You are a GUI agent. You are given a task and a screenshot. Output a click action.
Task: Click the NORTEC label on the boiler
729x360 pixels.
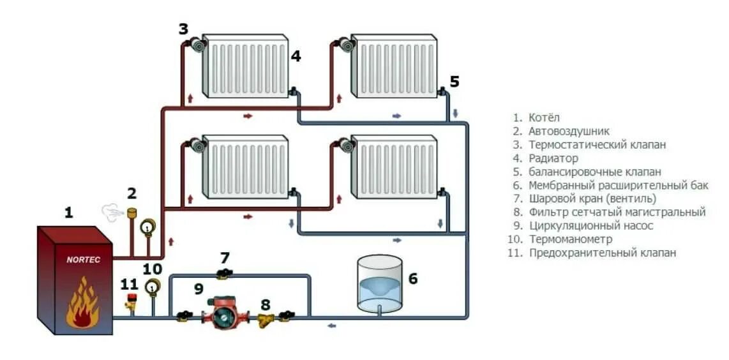tap(83, 260)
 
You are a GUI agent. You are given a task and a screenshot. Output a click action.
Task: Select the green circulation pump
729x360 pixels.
tap(224, 314)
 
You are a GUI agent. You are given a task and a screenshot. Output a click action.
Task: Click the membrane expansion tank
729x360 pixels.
tap(380, 284)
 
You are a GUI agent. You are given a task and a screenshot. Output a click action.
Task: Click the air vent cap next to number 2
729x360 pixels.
tap(133, 211)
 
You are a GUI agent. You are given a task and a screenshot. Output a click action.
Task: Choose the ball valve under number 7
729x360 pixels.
tap(223, 274)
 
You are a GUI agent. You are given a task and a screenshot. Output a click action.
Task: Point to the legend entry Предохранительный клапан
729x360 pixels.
tap(602, 253)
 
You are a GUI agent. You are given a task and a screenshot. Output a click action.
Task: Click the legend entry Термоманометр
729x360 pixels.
tap(570, 239)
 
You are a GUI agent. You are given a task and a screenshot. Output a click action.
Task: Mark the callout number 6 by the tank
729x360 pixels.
tap(413, 279)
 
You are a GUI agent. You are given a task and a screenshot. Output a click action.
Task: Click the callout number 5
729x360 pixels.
tap(454, 82)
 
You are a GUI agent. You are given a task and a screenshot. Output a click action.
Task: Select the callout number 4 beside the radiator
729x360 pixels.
tap(296, 56)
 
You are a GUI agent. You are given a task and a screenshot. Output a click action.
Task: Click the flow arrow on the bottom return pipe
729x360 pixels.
tap(331, 326)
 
